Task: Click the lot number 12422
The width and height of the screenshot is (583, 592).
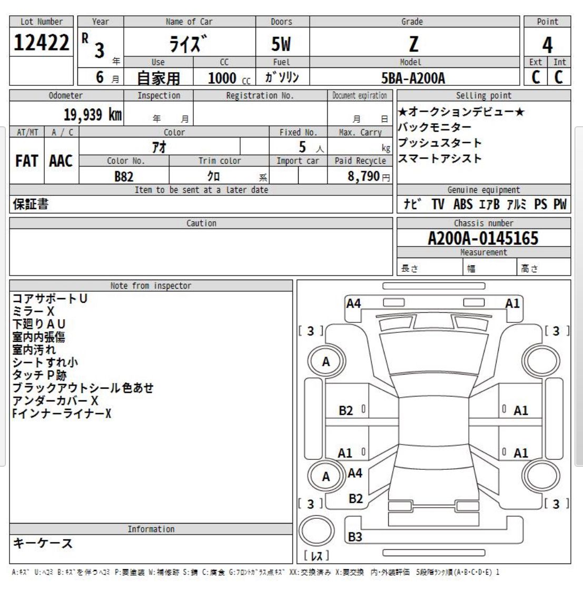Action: coord(41,43)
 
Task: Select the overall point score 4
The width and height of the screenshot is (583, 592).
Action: coord(547,45)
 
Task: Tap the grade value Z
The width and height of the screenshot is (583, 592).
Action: coord(414,44)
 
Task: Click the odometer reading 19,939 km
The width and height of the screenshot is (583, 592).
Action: coord(93,114)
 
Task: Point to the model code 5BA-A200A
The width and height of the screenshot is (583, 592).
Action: coord(413,78)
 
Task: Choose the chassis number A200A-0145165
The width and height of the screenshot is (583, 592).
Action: coord(483,239)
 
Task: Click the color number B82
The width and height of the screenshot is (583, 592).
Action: coord(124,176)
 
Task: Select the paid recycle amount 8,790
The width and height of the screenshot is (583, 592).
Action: coord(363,176)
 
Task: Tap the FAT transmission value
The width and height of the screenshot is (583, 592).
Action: coord(27,161)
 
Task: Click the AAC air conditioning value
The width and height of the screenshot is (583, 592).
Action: coord(61,161)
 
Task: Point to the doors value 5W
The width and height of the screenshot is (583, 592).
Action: coord(281,44)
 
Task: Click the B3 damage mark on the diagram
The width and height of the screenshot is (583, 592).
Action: coord(355,537)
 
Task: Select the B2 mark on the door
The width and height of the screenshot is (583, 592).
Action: coord(345,410)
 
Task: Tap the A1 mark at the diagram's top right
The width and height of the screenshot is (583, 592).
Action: coord(512,303)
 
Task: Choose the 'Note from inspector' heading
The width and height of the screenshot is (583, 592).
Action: coord(151,285)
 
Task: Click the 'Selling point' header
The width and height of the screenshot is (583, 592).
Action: coord(483,95)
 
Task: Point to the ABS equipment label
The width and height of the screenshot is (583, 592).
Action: coord(463,204)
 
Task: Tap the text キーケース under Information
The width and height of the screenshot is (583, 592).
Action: coord(42,543)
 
